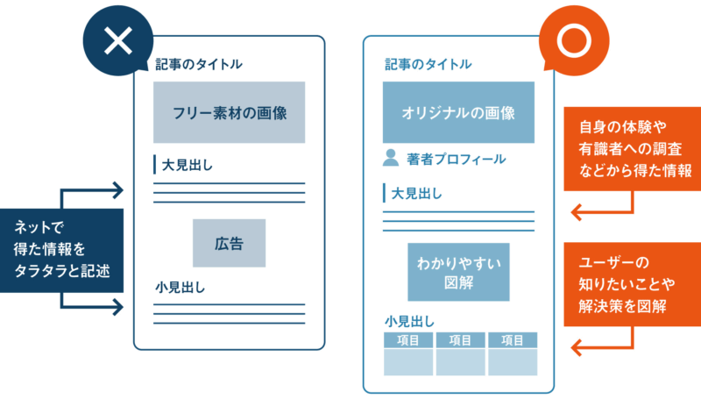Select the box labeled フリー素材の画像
230,112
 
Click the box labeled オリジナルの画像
458,112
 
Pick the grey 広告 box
229,243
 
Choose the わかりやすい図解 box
458,271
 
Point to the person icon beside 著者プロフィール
391,159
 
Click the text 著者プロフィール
456,160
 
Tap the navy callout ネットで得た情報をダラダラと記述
62,249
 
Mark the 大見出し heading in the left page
187,164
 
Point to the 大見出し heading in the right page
415,193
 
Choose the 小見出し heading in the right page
410,321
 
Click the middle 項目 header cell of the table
460,340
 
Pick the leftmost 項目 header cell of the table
408,340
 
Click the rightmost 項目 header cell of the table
512,340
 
